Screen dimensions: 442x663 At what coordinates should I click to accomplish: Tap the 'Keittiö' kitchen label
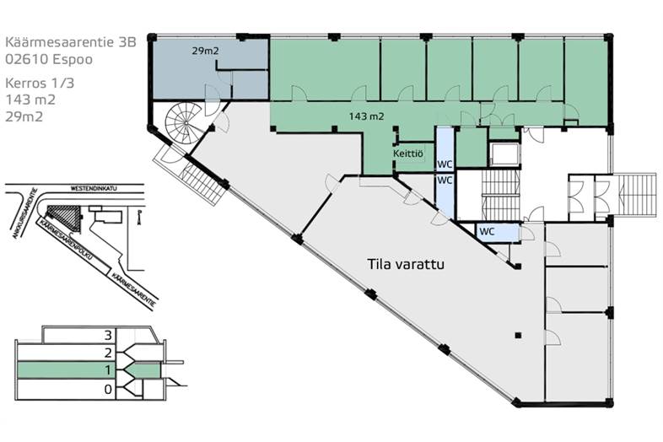click(x=408, y=154)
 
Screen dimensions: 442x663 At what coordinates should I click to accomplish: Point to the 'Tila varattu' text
click(x=406, y=263)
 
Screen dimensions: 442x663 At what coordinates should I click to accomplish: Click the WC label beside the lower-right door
click(x=487, y=230)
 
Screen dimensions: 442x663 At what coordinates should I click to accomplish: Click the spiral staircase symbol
click(x=184, y=124)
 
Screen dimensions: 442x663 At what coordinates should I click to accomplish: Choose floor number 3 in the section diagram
click(x=107, y=335)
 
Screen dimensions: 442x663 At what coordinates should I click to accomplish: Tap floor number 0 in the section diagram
click(x=107, y=389)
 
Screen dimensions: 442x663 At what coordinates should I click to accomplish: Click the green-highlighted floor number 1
click(x=107, y=370)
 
